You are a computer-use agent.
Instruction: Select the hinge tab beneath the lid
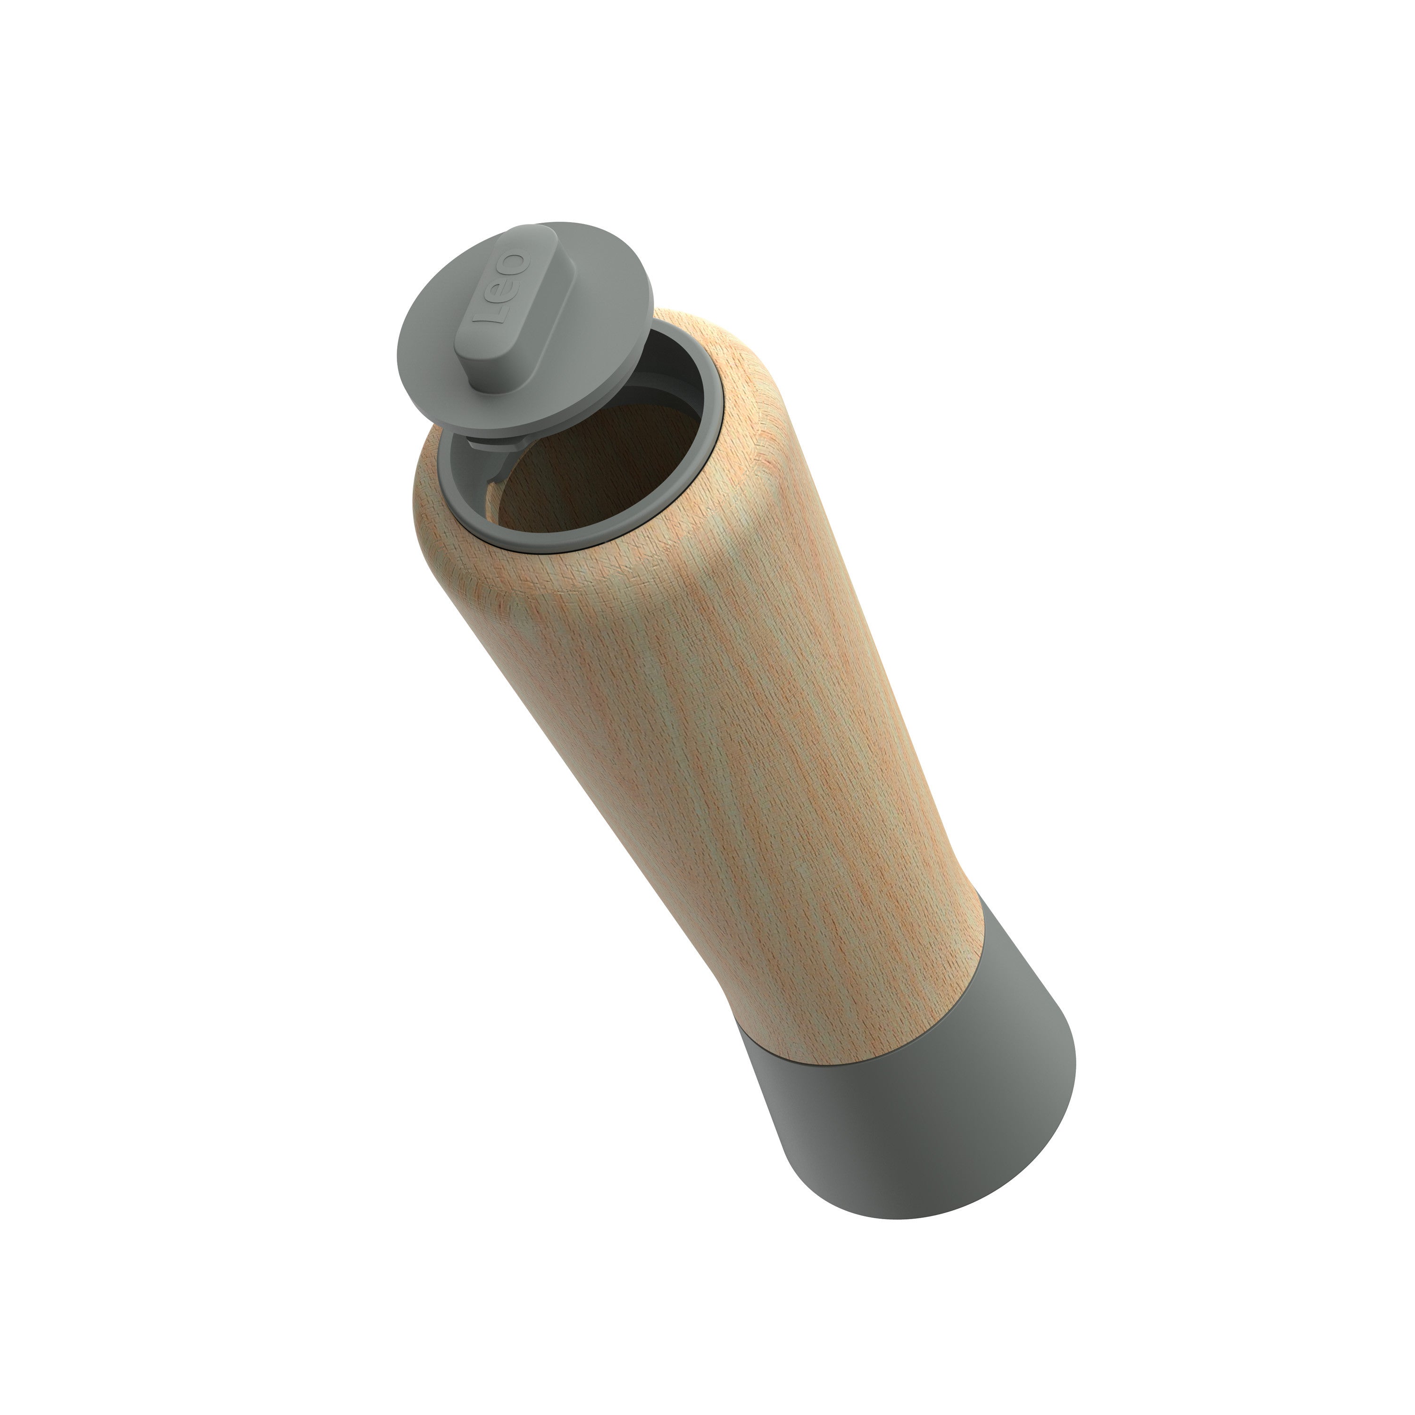click(x=498, y=443)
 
